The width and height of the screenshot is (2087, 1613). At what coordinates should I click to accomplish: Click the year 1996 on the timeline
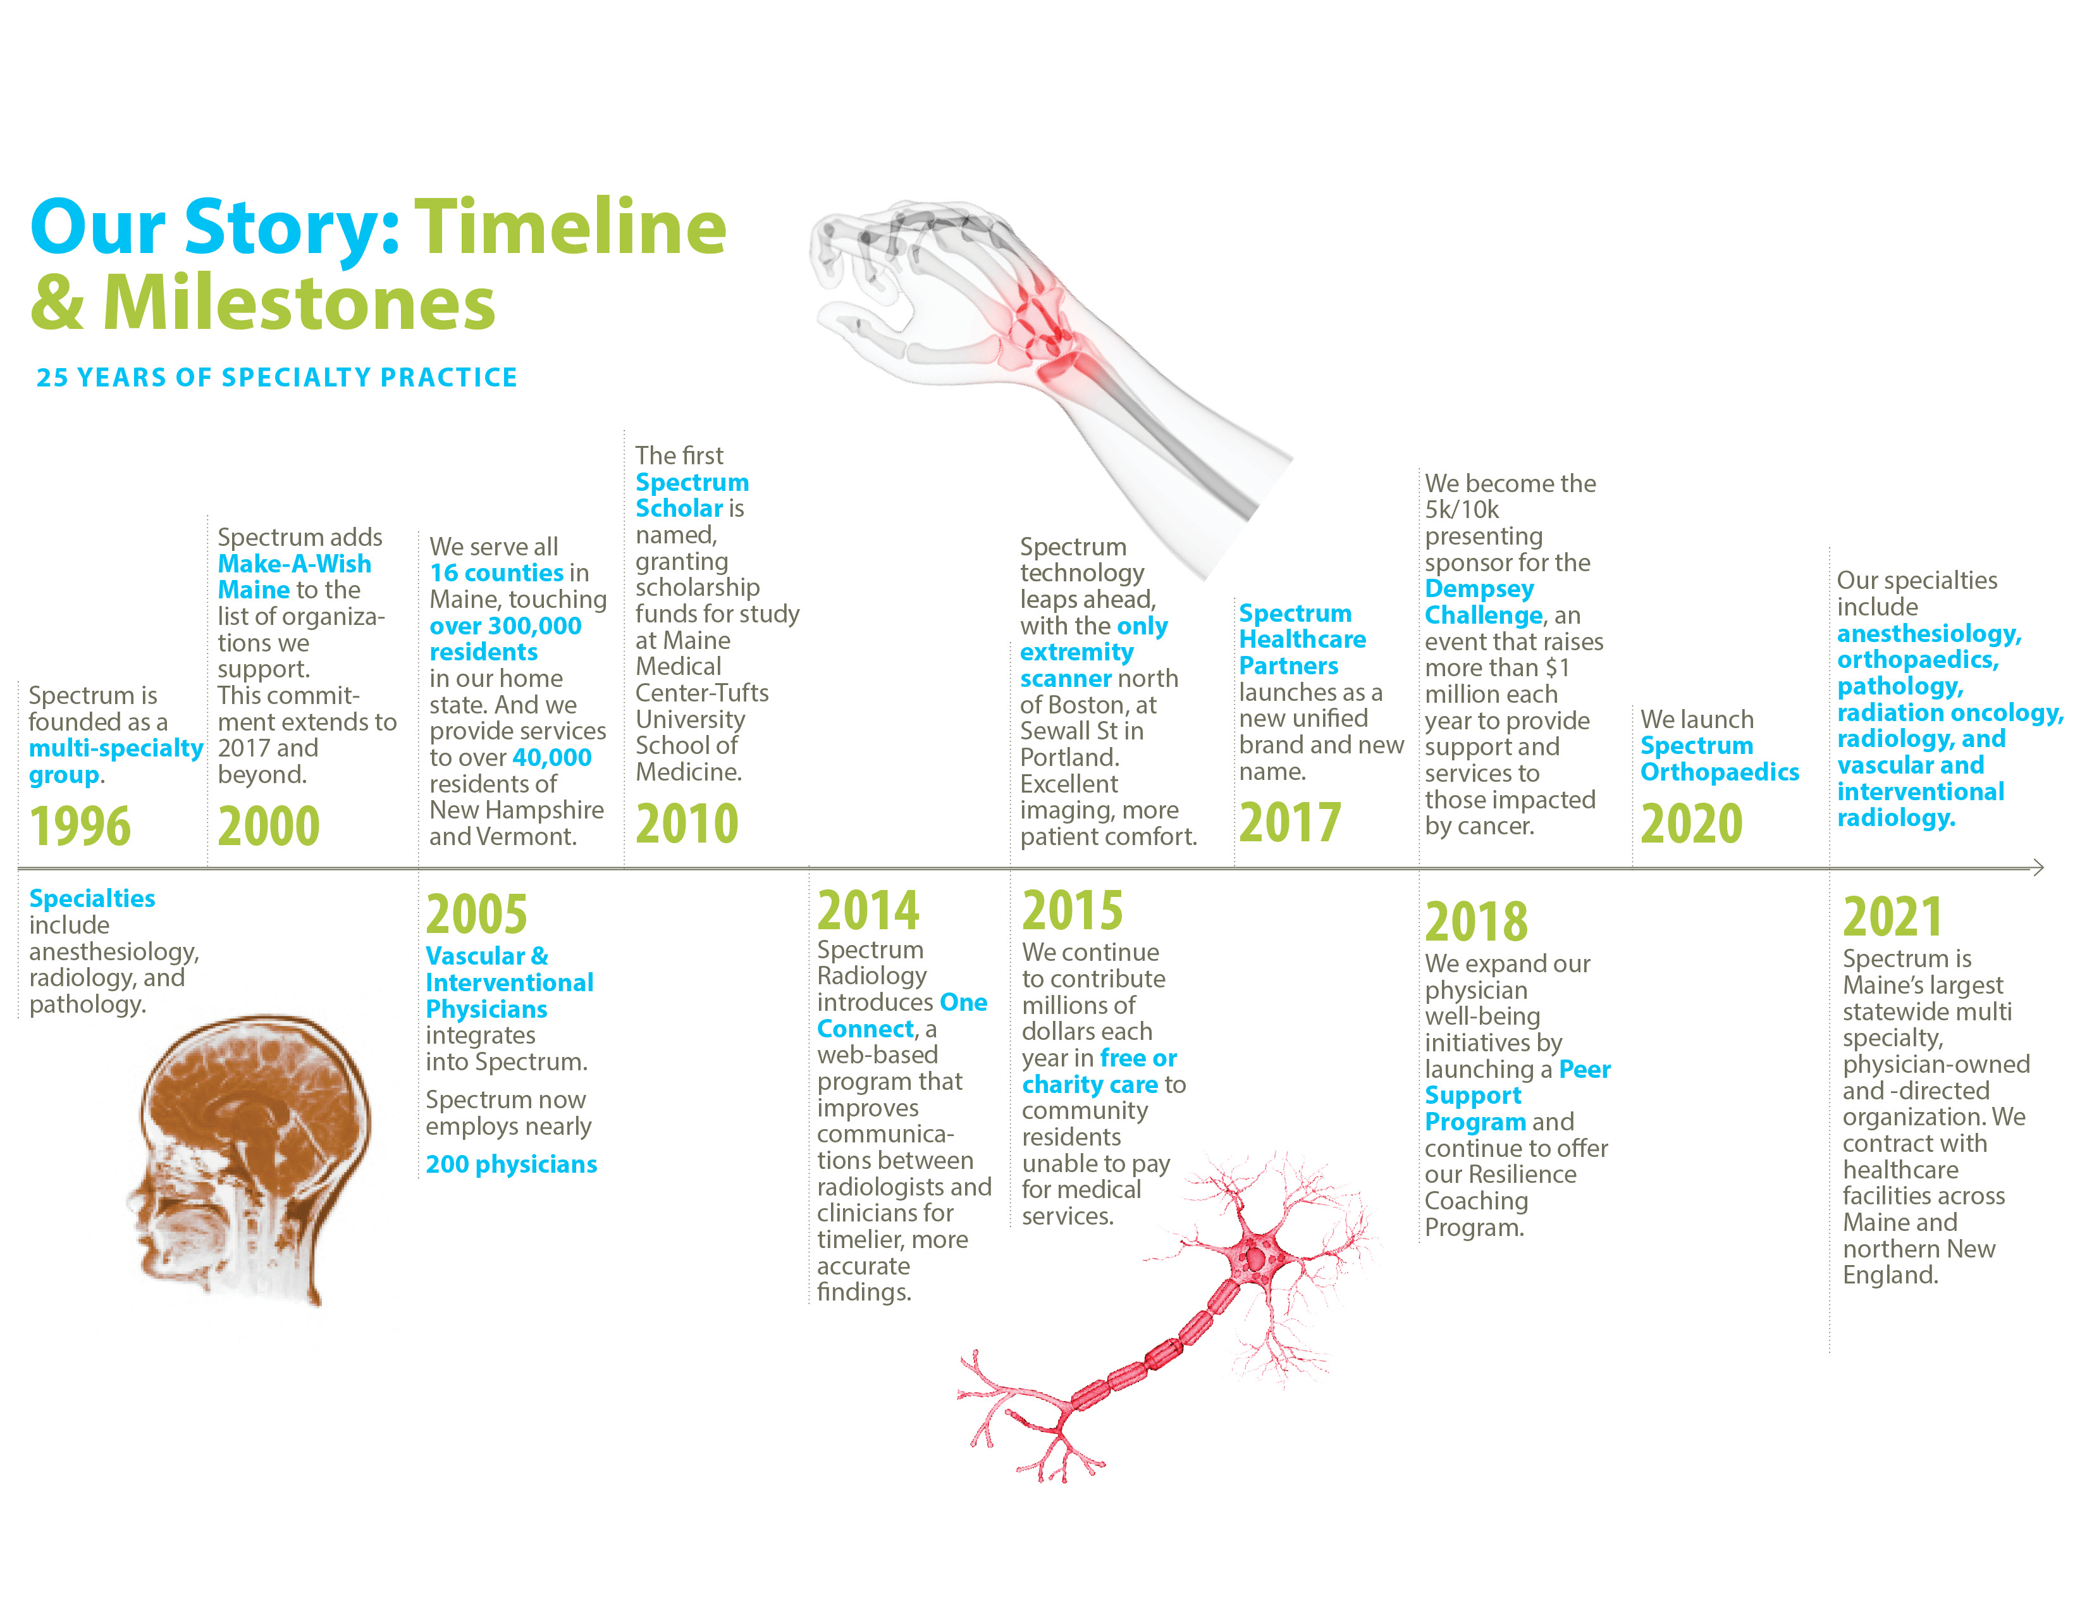[80, 827]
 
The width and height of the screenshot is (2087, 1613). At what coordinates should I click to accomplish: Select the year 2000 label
[269, 827]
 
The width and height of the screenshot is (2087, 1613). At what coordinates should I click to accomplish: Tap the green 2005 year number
[477, 915]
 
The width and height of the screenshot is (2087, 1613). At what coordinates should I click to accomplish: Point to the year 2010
[687, 824]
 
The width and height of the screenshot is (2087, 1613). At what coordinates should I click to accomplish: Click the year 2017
[1290, 823]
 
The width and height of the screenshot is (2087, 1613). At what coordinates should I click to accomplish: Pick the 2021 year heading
[1893, 917]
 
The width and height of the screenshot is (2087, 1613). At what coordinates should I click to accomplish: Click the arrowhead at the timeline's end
[2038, 868]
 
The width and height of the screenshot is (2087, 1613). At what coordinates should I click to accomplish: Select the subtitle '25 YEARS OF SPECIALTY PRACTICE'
[277, 378]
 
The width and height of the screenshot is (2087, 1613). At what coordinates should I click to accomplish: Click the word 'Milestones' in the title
[299, 303]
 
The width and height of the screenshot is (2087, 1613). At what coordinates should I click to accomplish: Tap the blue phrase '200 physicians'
[511, 1165]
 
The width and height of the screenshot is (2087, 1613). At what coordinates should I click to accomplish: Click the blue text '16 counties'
[497, 573]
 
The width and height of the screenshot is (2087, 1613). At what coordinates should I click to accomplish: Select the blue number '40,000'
[552, 758]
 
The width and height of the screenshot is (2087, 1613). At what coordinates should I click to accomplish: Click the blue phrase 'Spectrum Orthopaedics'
[1719, 758]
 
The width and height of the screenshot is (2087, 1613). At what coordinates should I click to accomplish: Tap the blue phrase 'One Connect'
[902, 1016]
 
